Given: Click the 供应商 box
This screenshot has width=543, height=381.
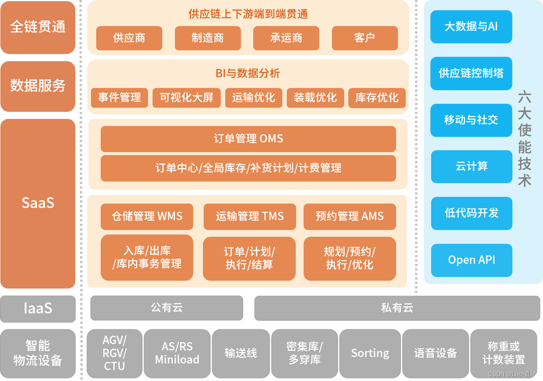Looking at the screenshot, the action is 129,38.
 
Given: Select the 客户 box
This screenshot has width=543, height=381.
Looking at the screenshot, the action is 365,38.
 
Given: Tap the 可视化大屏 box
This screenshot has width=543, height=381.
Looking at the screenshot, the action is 186,98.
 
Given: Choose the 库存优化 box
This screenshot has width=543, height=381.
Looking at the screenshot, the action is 377,98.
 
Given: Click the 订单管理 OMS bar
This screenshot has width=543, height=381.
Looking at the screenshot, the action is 248,139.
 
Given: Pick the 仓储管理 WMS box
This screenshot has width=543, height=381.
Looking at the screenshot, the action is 147,216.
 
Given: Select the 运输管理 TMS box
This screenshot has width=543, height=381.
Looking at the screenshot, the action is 249,216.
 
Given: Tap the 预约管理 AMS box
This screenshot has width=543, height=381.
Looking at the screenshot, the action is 349,216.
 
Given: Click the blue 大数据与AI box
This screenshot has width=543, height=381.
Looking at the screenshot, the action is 471,26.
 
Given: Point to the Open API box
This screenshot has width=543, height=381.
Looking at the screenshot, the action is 471,260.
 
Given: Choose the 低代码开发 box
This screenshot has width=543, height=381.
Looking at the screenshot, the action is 471,213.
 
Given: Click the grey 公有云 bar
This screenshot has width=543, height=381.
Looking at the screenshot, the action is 167,308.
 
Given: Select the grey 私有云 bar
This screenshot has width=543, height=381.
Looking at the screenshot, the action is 397,308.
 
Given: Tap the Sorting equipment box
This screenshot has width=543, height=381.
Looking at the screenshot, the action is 370,353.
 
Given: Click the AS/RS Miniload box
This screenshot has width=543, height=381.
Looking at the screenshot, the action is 177,353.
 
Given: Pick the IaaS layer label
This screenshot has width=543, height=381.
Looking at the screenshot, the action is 38,309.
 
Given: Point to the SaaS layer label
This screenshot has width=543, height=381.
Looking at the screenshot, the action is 38,203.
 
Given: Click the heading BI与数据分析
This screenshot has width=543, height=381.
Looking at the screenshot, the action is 248,73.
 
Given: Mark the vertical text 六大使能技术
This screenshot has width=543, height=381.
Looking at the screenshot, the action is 524,139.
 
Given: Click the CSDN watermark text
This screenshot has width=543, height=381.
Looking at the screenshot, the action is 512,374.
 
